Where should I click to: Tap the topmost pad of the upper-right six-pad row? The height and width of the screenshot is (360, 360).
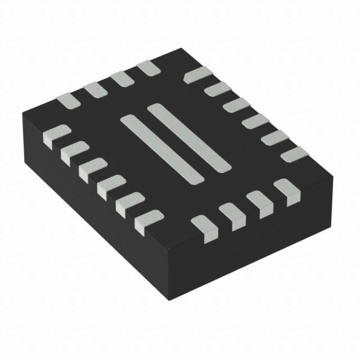tap(197, 75)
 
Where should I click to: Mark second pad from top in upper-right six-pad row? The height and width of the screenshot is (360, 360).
tap(217, 89)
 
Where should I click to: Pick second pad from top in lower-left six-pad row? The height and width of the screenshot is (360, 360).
tap(74, 151)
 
